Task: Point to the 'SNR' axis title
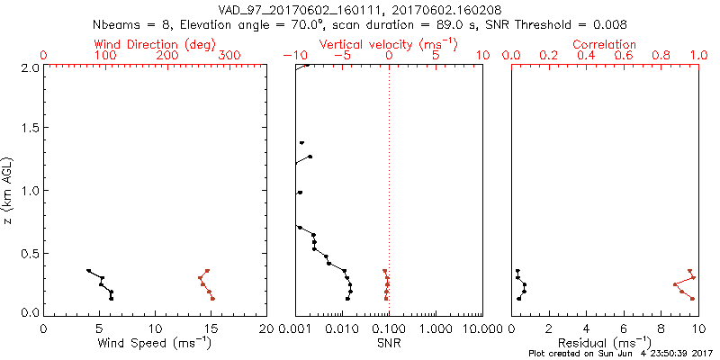[389, 343]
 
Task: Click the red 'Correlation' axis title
[605, 44]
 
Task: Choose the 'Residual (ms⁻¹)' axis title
[605, 343]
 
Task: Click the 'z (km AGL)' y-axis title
[8, 190]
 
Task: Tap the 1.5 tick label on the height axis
[29, 129]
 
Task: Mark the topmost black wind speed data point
[88, 270]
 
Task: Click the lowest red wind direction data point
[212, 298]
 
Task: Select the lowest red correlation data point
[692, 298]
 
